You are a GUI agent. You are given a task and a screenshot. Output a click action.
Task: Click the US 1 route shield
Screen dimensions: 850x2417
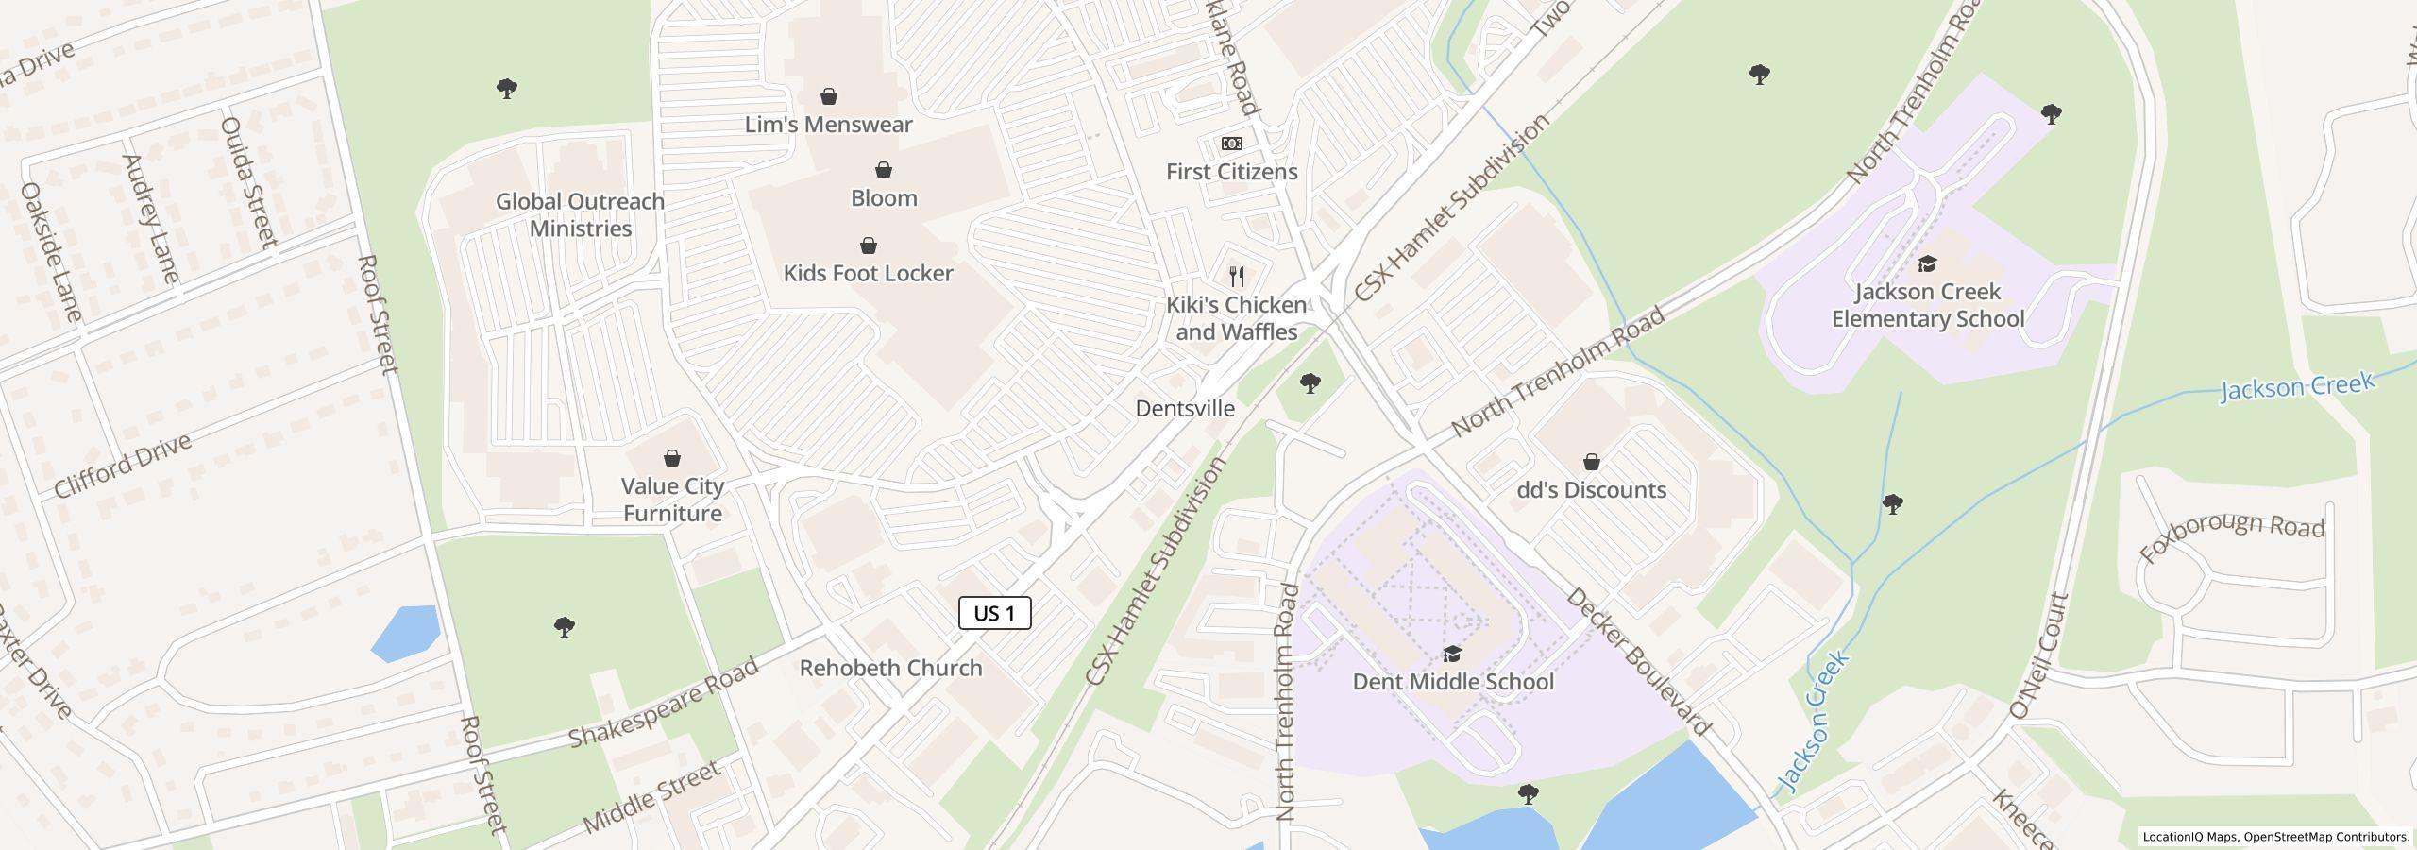(x=994, y=613)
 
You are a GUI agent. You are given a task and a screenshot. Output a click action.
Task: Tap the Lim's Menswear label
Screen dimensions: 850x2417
(x=828, y=125)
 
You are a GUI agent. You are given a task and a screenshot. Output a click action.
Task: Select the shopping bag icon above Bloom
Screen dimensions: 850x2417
(x=884, y=170)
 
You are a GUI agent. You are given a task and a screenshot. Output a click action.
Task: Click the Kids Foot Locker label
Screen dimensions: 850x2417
(x=868, y=273)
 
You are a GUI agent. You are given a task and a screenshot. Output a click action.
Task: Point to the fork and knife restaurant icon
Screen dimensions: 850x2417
(x=1236, y=277)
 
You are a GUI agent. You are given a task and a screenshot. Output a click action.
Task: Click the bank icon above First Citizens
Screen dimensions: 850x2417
(x=1231, y=144)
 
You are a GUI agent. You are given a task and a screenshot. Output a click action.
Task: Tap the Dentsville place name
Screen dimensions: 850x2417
(x=1184, y=409)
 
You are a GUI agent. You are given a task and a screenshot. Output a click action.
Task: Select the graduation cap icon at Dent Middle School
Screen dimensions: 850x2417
(x=1452, y=654)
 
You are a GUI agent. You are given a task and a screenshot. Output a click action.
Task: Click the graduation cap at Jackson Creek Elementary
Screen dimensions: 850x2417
(x=1927, y=263)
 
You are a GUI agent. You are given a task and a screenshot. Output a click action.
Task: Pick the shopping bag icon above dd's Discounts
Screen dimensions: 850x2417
(x=1592, y=462)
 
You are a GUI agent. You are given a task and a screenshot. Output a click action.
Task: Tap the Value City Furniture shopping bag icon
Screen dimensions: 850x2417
(x=672, y=458)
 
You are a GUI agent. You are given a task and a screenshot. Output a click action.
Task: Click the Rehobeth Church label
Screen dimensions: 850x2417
(x=890, y=668)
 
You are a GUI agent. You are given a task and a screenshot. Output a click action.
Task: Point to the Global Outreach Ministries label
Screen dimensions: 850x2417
(x=580, y=214)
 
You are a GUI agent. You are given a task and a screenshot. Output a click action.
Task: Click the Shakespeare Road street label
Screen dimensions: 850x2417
(x=663, y=703)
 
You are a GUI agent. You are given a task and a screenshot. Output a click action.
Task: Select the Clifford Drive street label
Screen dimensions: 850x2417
(x=123, y=465)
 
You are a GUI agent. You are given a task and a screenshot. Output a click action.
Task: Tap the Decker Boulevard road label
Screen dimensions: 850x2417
(x=1637, y=660)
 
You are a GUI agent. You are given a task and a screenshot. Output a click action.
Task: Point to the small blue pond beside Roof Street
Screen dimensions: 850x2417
(x=406, y=633)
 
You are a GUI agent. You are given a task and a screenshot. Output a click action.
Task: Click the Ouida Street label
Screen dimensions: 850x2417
(x=248, y=181)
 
